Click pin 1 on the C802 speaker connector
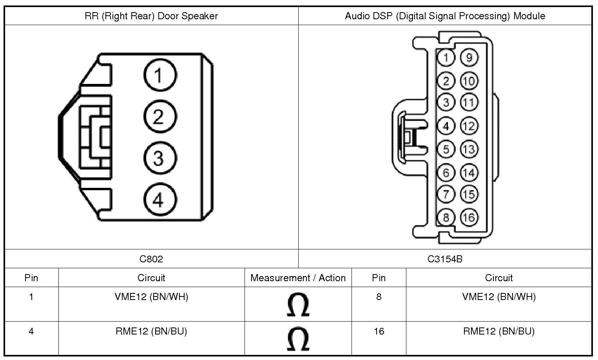(x=160, y=75)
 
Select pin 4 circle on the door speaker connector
(x=160, y=200)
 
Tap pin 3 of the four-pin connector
(x=160, y=158)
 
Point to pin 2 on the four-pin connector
(x=160, y=116)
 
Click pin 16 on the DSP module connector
(x=469, y=217)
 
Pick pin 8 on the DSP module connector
(x=446, y=217)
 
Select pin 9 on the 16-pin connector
(x=469, y=58)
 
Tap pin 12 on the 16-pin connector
(x=469, y=126)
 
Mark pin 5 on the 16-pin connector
(x=446, y=149)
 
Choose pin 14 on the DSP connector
(x=469, y=173)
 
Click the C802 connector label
(x=151, y=259)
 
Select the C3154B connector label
(x=445, y=259)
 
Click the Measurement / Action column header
(x=298, y=278)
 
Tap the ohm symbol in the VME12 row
(x=298, y=305)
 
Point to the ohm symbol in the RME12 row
(x=298, y=339)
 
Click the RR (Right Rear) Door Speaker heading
(x=151, y=16)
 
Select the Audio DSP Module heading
(x=445, y=16)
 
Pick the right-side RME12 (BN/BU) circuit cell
(x=498, y=331)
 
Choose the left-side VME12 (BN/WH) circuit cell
(x=151, y=297)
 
